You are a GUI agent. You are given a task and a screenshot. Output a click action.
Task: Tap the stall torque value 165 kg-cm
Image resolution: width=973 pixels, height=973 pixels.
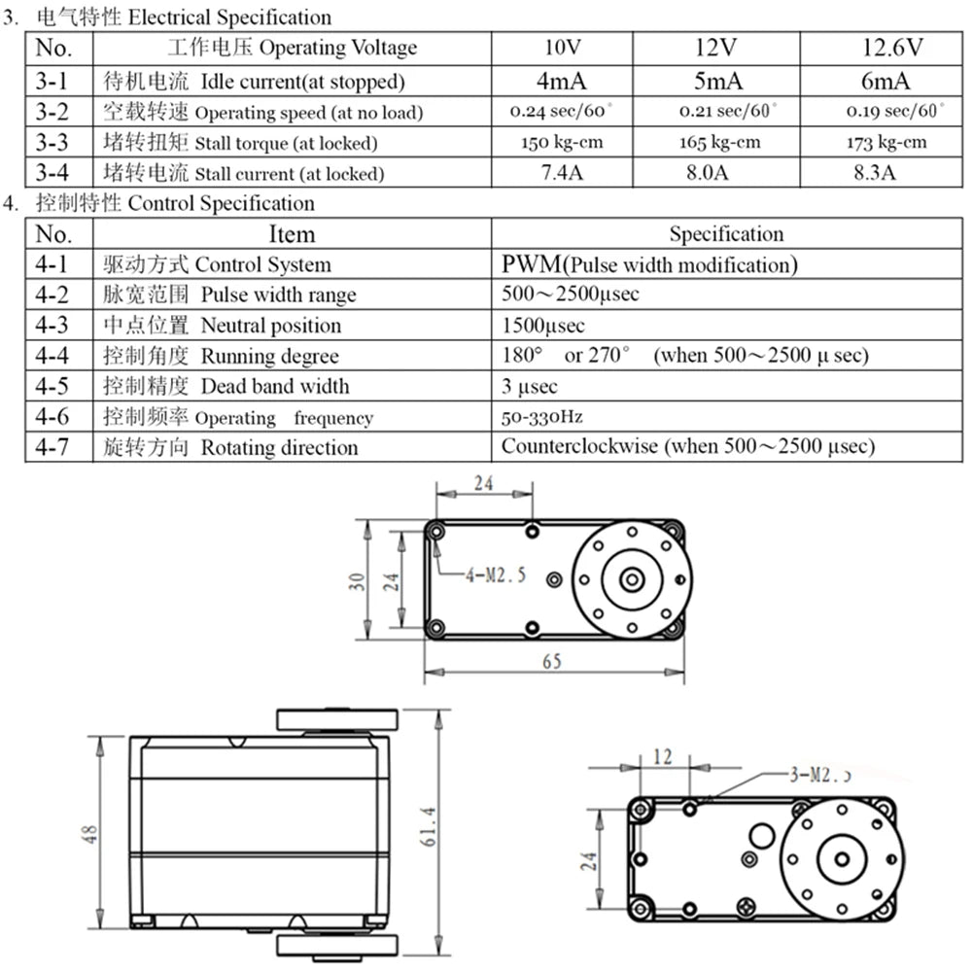click(x=719, y=143)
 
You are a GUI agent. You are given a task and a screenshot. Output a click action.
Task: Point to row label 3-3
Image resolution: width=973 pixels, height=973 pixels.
click(x=52, y=143)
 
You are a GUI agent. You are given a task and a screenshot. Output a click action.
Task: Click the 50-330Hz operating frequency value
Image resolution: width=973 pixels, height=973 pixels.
click(x=541, y=417)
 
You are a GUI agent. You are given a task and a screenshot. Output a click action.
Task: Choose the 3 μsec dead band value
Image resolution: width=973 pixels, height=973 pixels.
click(x=530, y=387)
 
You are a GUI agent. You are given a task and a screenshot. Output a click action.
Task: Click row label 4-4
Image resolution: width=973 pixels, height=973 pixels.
click(x=52, y=356)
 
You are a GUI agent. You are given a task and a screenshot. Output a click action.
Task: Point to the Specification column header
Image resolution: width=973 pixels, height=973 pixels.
click(x=725, y=234)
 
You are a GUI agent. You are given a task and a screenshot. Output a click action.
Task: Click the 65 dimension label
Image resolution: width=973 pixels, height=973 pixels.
click(x=551, y=662)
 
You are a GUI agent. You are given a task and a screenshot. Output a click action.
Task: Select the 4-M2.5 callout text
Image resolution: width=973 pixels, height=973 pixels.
click(x=496, y=575)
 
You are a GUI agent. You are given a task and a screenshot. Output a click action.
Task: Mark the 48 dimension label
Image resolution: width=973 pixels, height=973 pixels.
click(x=90, y=833)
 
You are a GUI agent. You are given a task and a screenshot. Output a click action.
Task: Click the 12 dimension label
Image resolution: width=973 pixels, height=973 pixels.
click(x=662, y=757)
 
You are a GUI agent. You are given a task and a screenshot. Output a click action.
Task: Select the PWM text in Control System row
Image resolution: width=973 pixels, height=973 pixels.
click(x=531, y=264)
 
